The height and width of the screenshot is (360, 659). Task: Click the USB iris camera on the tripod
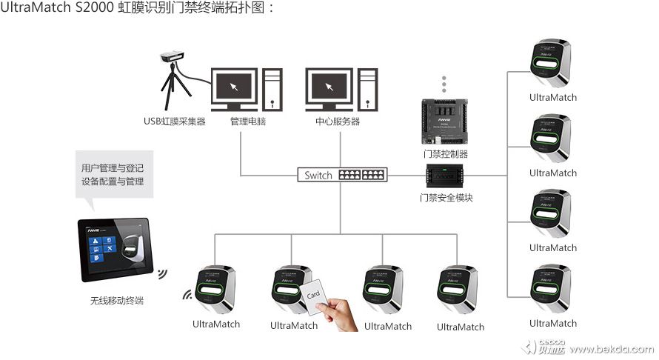(173, 57)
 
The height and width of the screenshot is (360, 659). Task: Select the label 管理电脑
(247, 121)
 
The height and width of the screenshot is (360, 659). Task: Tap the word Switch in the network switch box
(318, 176)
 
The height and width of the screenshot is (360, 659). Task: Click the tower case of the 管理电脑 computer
(272, 88)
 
